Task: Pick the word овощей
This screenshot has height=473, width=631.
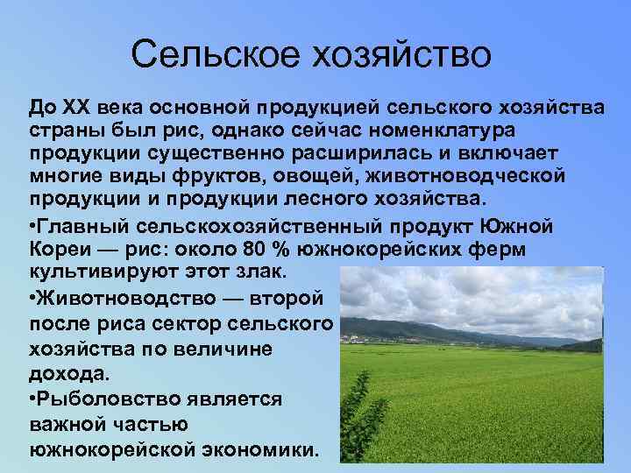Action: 351,175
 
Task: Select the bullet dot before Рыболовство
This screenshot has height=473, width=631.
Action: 32,399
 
